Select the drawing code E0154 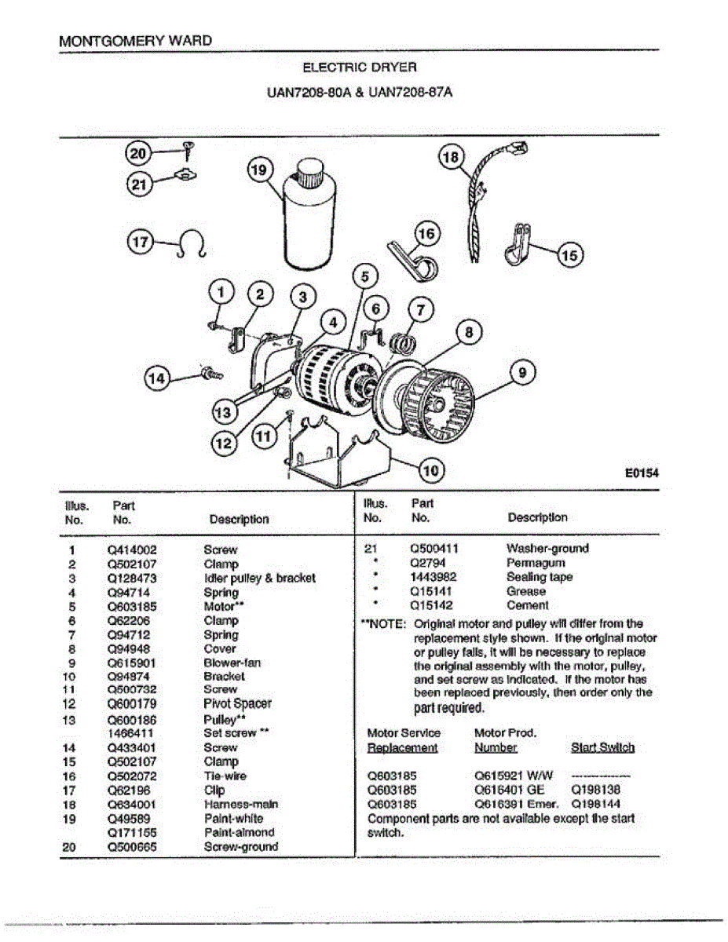point(641,473)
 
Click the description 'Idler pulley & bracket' point(259,578)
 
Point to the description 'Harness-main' point(240,805)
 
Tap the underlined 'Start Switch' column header point(602,747)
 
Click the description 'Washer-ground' point(547,549)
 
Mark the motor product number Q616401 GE point(510,790)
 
